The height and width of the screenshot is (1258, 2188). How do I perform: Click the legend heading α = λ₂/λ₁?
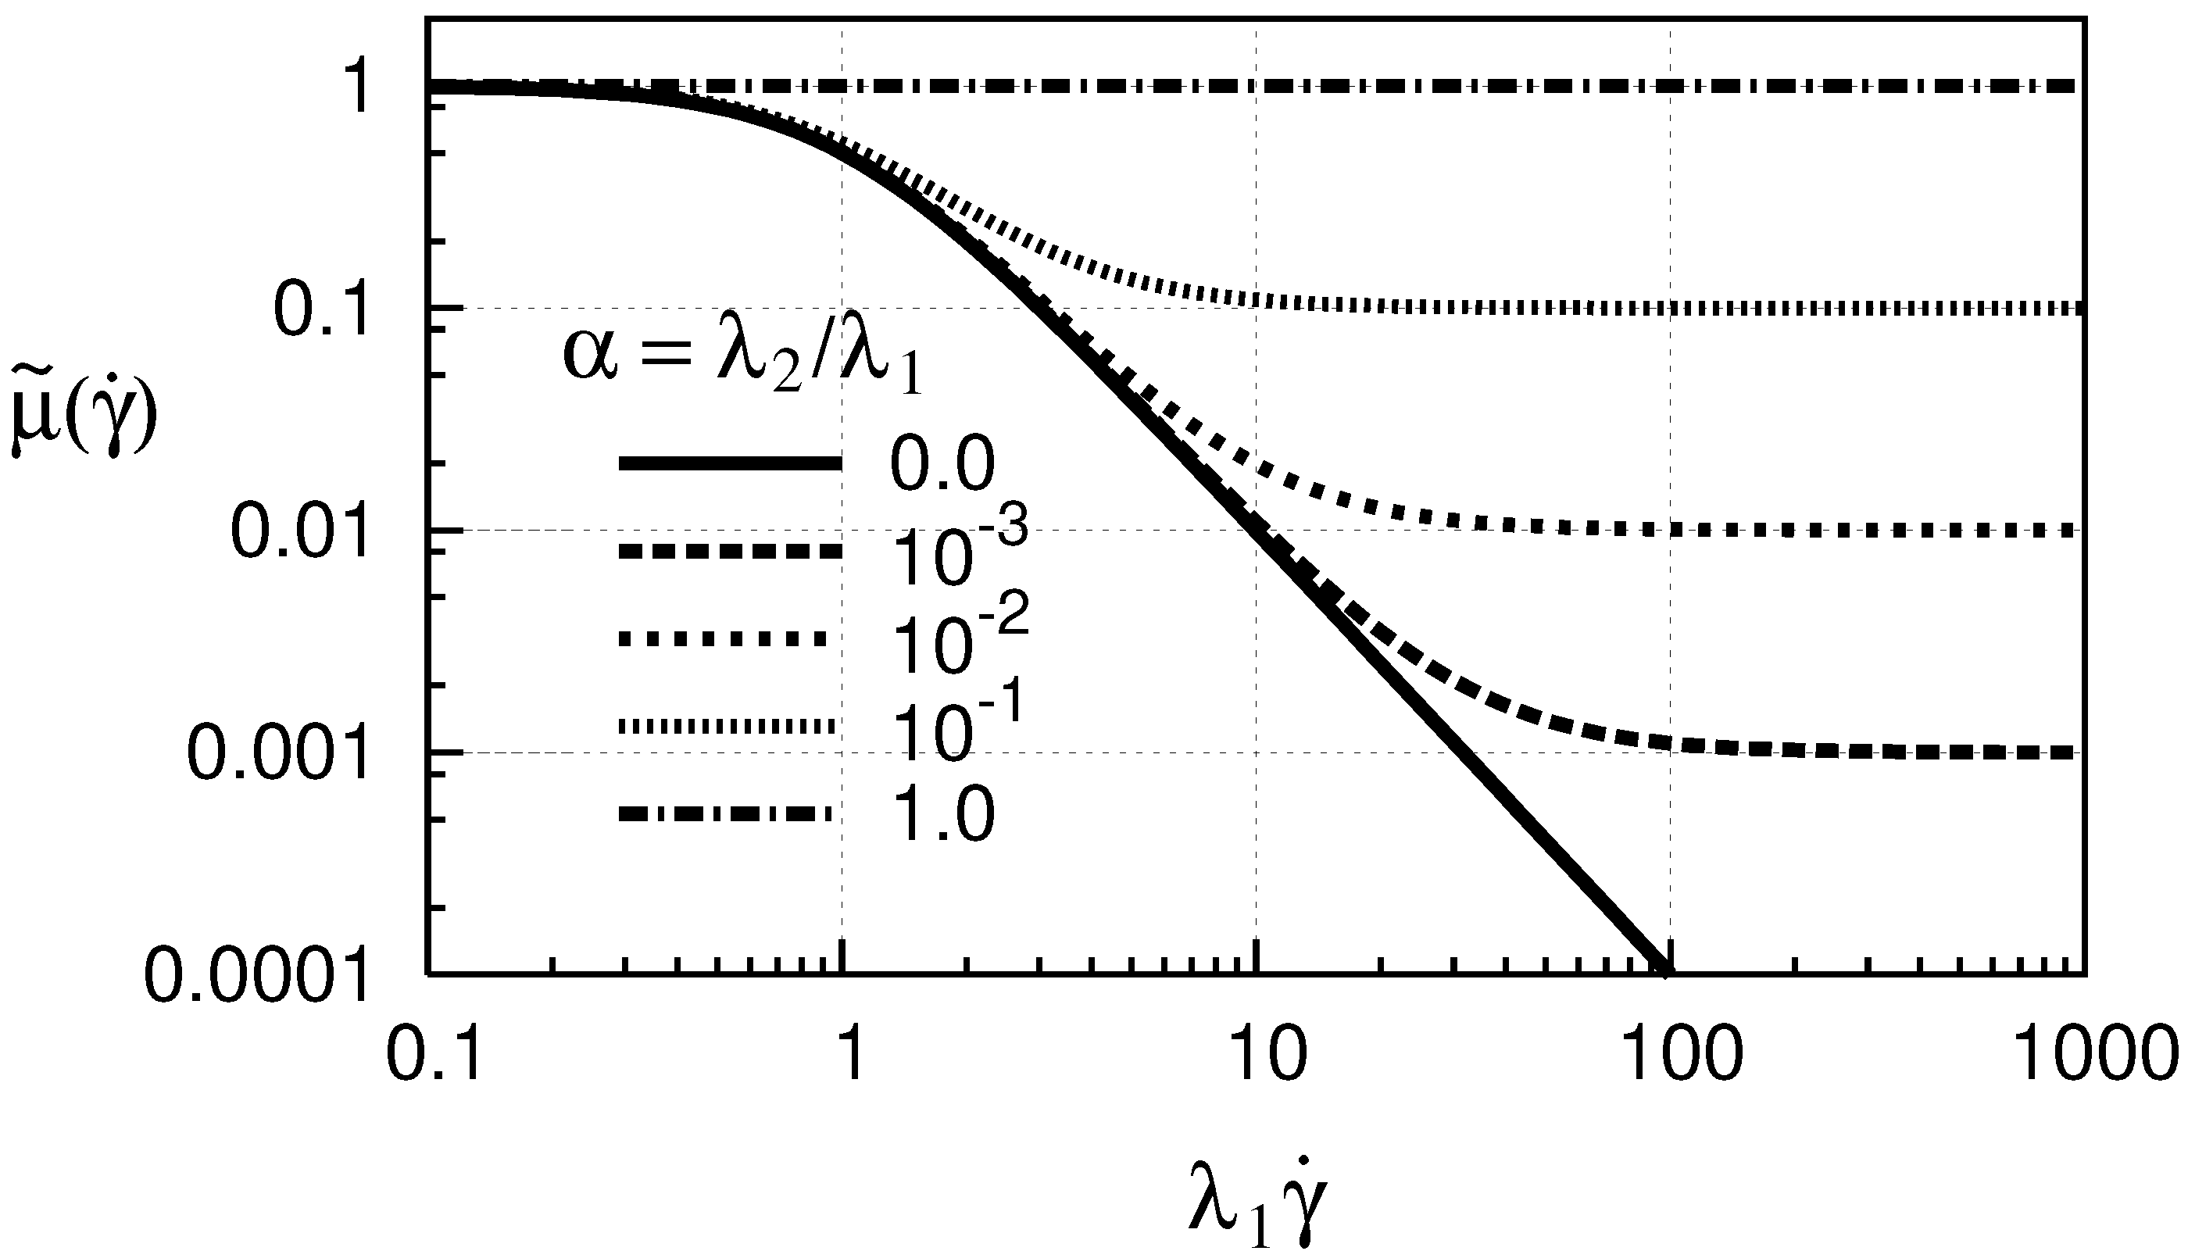pos(743,356)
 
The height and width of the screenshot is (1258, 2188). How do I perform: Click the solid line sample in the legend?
pos(730,464)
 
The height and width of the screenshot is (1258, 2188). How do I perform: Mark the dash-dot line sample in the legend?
pos(726,813)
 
